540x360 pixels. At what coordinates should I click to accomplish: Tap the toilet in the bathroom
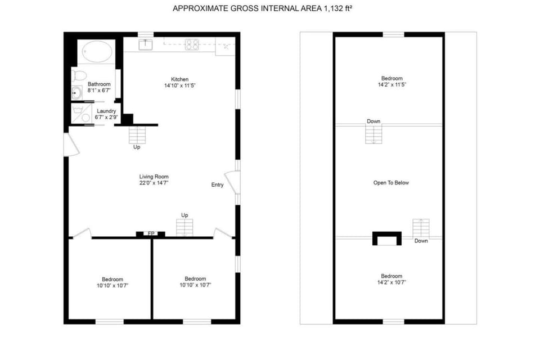79,75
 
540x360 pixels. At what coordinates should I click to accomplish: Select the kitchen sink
146,43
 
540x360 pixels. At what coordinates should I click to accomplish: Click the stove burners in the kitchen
192,43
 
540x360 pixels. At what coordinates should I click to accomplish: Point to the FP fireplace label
151,233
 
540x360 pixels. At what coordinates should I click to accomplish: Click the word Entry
218,185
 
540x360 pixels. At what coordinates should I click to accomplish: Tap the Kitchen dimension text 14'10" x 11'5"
179,85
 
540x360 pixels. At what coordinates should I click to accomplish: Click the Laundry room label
106,111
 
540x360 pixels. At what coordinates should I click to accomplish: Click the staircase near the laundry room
137,135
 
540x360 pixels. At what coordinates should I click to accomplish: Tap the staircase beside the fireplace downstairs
184,227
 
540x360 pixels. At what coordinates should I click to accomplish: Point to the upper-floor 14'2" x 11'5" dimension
391,84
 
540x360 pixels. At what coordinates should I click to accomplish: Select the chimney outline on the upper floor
387,238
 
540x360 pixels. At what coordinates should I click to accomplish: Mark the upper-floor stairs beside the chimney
421,228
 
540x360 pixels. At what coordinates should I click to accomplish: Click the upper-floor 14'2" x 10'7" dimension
391,282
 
